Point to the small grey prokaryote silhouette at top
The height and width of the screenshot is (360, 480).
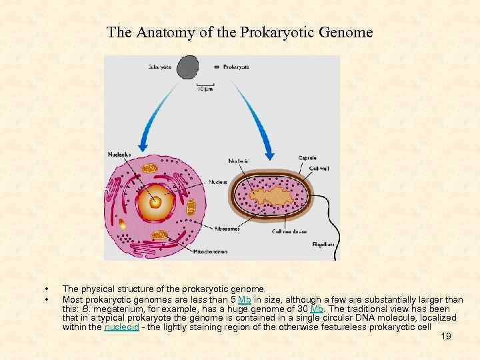tap(216, 67)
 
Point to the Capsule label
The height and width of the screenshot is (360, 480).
tap(307, 158)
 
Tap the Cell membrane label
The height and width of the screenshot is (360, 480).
tap(290, 231)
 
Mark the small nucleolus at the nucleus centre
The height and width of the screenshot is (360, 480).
tap(156, 201)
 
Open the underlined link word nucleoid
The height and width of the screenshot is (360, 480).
tap(121, 327)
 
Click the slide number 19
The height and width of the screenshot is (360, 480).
tap(446, 337)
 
